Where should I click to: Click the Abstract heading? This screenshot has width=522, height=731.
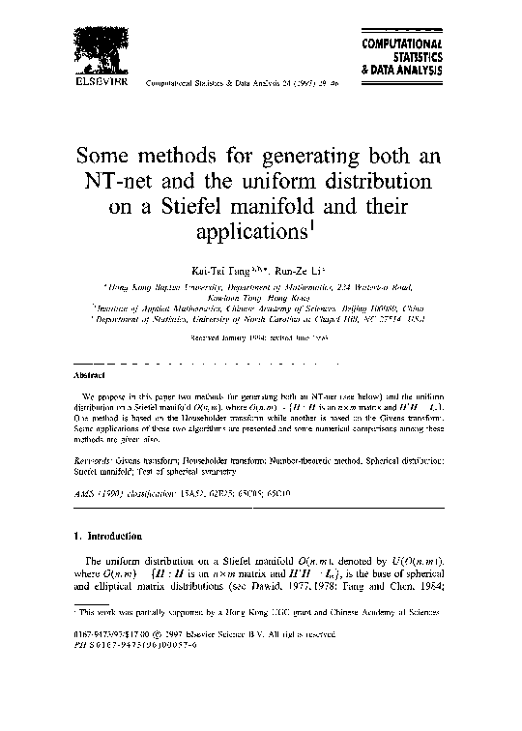tap(89, 373)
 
